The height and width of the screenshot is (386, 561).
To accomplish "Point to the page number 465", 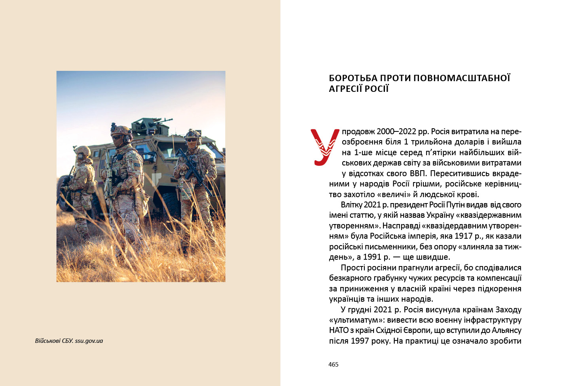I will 334,365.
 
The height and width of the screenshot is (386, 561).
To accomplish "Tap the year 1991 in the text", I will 373,257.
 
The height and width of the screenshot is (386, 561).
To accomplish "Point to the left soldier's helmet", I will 83,151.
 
